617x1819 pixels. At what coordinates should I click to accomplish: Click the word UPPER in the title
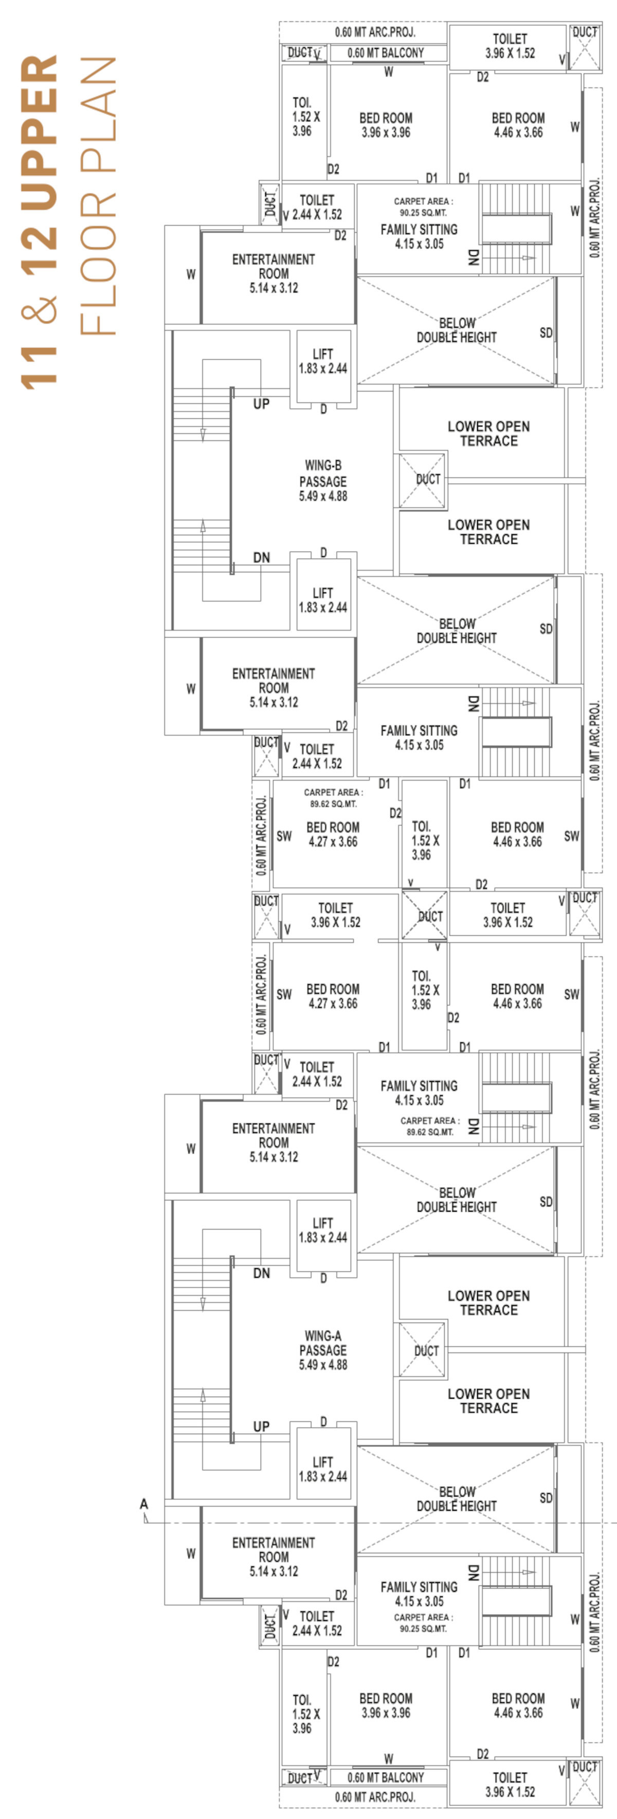click(40, 133)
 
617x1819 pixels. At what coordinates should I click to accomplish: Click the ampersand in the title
click(40, 309)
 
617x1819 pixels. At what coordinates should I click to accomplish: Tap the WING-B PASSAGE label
click(323, 473)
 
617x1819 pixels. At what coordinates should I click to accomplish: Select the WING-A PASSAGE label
click(323, 1343)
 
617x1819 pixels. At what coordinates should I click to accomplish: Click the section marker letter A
click(144, 1504)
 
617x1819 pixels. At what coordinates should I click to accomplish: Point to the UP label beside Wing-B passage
click(262, 404)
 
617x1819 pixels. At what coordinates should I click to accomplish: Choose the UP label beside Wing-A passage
click(262, 1426)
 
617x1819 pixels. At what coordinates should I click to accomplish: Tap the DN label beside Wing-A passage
click(262, 1273)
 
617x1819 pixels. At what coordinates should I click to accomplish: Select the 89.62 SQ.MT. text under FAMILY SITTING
click(430, 1132)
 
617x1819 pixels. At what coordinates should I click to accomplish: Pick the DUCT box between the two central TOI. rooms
click(424, 915)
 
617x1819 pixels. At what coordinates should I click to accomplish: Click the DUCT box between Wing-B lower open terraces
click(422, 480)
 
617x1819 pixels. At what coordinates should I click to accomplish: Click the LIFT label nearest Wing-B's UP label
click(323, 354)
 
